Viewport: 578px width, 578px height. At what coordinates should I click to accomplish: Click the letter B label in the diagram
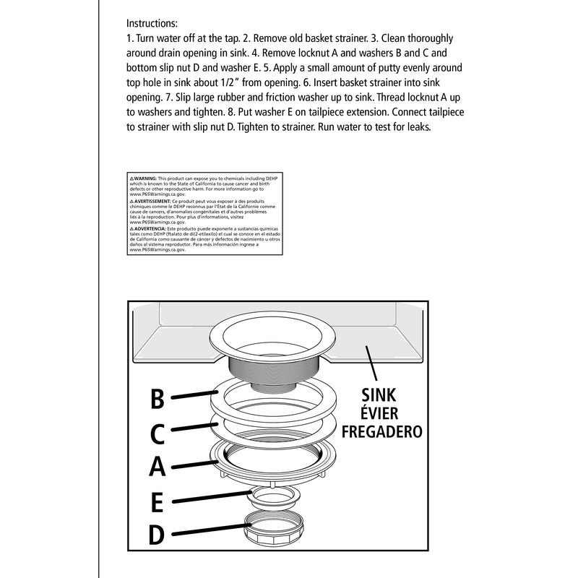coord(158,399)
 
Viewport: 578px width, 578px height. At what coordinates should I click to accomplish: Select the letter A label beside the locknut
coord(158,467)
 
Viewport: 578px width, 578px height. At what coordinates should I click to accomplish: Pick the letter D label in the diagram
coord(158,535)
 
